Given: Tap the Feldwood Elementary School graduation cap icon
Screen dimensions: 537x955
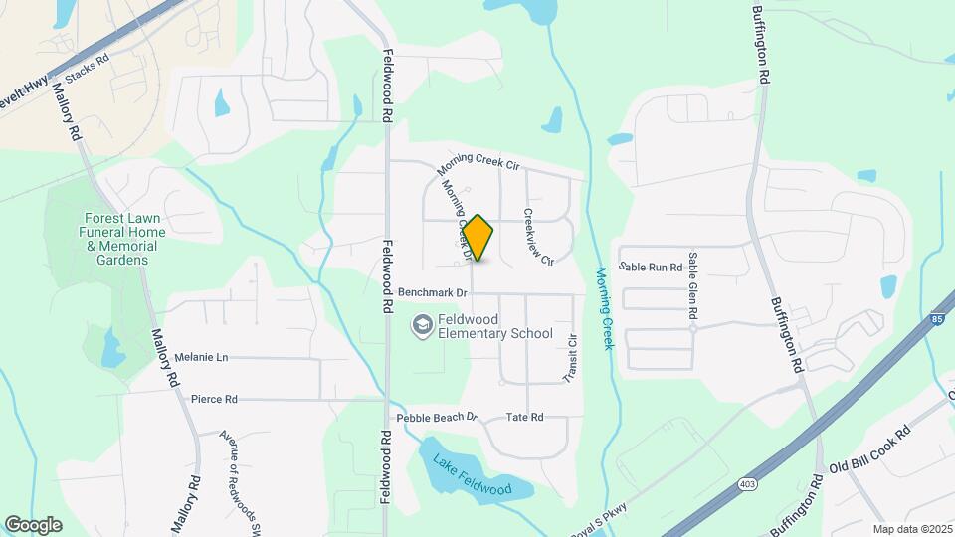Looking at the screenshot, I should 423,326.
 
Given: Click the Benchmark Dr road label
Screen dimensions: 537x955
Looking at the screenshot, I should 433,293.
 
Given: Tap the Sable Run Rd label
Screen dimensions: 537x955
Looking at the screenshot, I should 651,267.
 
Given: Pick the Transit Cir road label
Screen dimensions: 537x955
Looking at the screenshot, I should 571,359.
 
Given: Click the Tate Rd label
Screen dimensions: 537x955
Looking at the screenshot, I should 524,417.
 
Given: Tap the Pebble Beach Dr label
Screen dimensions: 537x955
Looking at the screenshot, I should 438,418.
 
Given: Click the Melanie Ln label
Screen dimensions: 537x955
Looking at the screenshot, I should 201,357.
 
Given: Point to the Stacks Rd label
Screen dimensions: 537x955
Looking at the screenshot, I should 87,77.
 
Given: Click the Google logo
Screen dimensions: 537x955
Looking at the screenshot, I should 34,524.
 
